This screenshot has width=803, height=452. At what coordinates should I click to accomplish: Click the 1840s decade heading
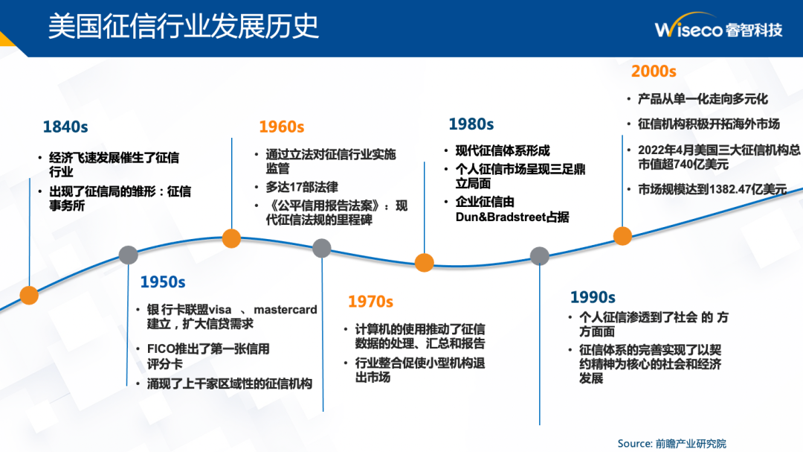pyautogui.click(x=65, y=127)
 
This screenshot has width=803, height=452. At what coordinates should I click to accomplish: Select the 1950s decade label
pyautogui.click(x=163, y=282)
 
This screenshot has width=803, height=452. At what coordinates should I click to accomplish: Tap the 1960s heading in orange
pyautogui.click(x=281, y=127)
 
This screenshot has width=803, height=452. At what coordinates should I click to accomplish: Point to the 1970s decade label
pyautogui.click(x=371, y=302)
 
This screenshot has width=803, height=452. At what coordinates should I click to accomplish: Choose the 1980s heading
pyautogui.click(x=471, y=124)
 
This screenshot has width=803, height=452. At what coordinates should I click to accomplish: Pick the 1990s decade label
pyautogui.click(x=593, y=297)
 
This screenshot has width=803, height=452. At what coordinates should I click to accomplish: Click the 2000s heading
pyautogui.click(x=654, y=71)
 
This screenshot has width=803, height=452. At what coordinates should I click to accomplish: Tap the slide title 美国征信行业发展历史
pyautogui.click(x=184, y=26)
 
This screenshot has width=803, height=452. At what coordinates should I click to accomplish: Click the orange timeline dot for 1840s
pyautogui.click(x=29, y=295)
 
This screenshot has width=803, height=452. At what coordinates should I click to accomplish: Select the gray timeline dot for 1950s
pyautogui.click(x=128, y=255)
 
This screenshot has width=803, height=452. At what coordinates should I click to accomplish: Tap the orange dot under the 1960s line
pyautogui.click(x=231, y=238)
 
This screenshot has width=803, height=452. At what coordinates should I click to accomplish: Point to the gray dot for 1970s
pyautogui.click(x=322, y=248)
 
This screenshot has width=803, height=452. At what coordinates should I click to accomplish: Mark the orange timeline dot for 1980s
pyautogui.click(x=424, y=262)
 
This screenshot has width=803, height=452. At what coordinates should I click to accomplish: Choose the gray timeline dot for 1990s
pyautogui.click(x=539, y=256)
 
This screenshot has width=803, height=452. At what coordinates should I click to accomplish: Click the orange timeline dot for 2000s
pyautogui.click(x=622, y=236)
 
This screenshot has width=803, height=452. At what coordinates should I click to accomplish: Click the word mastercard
pyautogui.click(x=286, y=310)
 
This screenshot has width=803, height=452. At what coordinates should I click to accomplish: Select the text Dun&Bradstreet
pyautogui.click(x=501, y=217)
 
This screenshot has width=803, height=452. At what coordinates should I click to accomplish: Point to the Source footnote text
pyautogui.click(x=672, y=443)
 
